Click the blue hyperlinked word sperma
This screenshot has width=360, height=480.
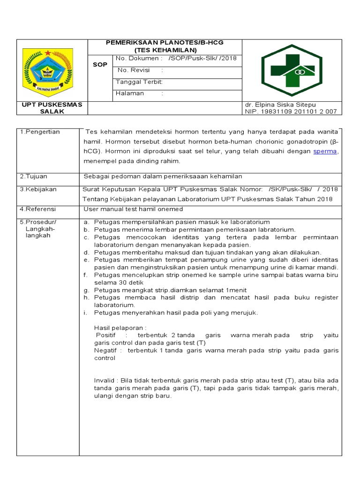(325, 151)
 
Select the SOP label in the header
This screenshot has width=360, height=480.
(99, 65)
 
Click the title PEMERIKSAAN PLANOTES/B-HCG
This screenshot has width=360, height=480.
(165, 43)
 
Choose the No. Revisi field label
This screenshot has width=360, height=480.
(134, 70)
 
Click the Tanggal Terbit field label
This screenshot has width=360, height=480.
(139, 82)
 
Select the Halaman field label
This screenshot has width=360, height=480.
(130, 93)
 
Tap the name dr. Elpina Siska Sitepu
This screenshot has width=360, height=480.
(280, 105)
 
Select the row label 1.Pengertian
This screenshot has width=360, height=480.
(40, 132)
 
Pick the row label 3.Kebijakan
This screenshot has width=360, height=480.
(38, 189)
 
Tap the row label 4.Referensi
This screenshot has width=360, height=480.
(37, 209)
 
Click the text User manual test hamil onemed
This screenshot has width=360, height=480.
(133, 209)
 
